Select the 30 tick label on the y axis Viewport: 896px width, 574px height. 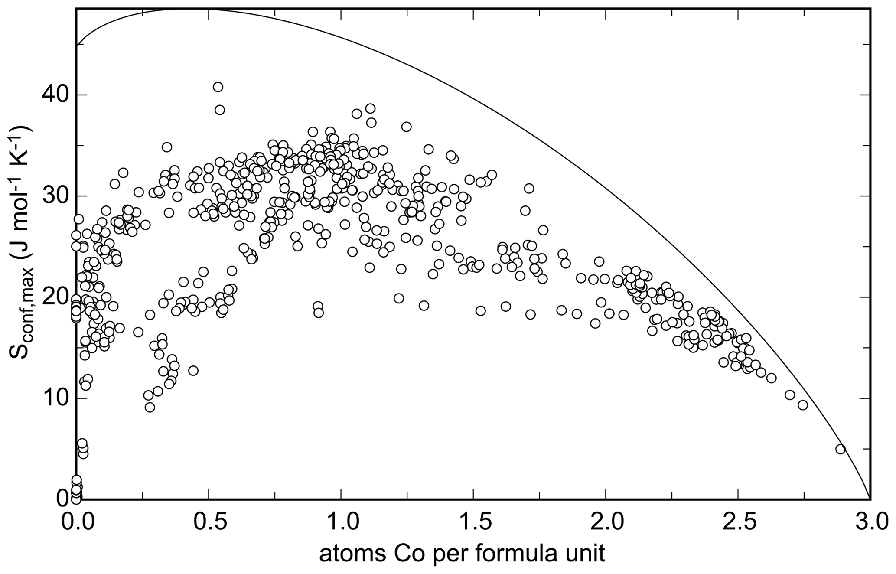pos(52,196)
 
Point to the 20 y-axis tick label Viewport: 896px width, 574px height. pos(52,297)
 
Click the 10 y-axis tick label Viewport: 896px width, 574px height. pos(52,398)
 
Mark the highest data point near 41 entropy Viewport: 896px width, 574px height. pos(218,87)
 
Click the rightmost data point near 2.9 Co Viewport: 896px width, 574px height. pos(841,449)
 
